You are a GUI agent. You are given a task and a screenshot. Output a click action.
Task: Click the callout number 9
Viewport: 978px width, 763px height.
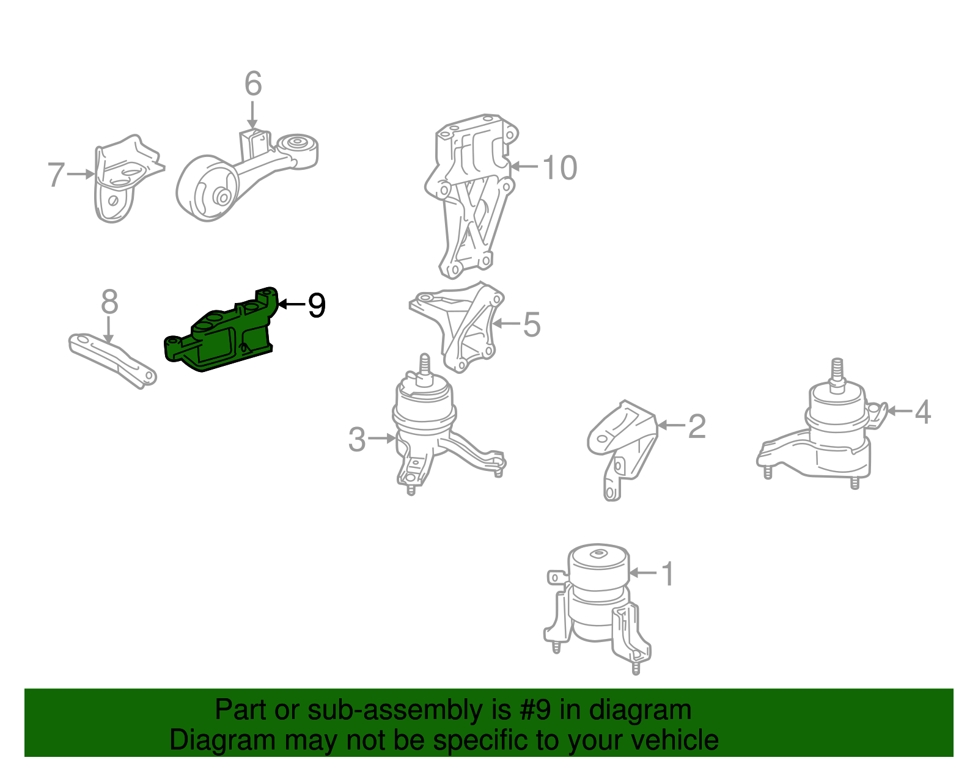click(x=316, y=305)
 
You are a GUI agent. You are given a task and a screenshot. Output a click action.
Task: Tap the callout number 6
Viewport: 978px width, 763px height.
click(x=253, y=84)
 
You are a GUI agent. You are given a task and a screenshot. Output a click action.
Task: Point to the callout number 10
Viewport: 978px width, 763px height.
click(x=559, y=167)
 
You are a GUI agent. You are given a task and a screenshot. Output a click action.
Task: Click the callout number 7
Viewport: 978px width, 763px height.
click(x=56, y=175)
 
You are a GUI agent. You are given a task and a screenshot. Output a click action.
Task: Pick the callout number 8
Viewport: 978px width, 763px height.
click(x=109, y=302)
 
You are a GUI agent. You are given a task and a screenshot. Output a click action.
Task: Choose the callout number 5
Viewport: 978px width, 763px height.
click(x=532, y=324)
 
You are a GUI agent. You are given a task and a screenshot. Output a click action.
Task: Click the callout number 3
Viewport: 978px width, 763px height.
click(x=357, y=439)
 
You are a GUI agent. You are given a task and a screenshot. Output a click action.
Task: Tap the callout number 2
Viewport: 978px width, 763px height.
click(x=697, y=426)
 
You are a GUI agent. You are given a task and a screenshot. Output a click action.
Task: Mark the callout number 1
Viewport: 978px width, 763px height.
click(x=667, y=574)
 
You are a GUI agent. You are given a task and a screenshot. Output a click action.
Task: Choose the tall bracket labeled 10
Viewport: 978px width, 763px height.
click(x=471, y=195)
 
